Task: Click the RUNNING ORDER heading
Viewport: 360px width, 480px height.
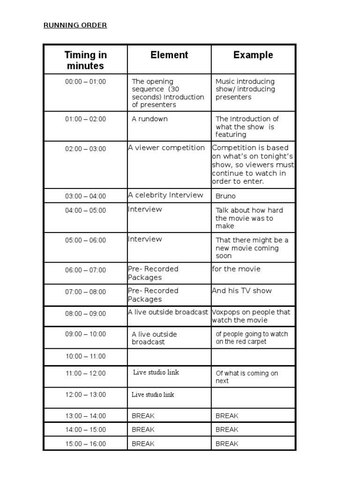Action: click(x=75, y=25)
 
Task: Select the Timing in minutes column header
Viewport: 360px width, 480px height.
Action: click(x=85, y=60)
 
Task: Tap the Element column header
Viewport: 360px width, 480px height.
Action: click(x=169, y=55)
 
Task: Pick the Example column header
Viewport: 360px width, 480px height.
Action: click(x=253, y=55)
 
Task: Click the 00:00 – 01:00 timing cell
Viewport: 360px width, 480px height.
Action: click(x=85, y=82)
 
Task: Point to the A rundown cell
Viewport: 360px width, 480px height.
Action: click(x=150, y=119)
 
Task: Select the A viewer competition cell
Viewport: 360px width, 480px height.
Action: click(x=166, y=148)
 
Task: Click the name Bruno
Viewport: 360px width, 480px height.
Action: click(x=225, y=196)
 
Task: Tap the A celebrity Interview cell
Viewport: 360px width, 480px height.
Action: click(x=165, y=195)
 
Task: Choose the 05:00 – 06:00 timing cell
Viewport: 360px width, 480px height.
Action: click(x=85, y=240)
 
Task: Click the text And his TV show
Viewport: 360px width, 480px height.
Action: click(x=242, y=291)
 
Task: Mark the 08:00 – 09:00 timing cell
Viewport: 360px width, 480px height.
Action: click(x=85, y=313)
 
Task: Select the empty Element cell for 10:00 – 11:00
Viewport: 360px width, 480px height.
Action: click(x=169, y=357)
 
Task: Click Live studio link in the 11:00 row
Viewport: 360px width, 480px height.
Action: click(x=156, y=373)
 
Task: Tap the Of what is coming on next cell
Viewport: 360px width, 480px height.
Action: click(x=247, y=377)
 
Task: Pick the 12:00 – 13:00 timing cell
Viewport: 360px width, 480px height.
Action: click(x=85, y=395)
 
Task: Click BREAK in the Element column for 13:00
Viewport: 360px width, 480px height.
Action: click(x=143, y=416)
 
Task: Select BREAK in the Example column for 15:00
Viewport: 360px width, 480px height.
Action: click(x=227, y=443)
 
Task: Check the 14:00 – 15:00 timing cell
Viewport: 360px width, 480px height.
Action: click(x=85, y=429)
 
